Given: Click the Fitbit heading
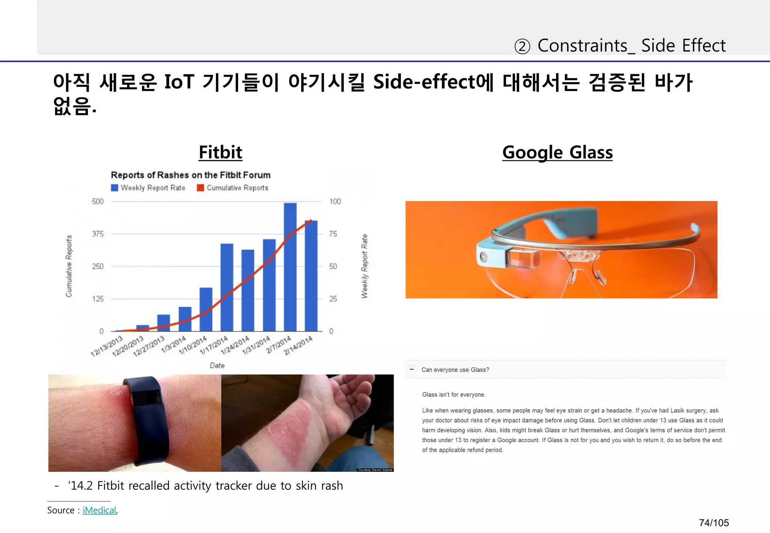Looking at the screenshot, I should (220, 152).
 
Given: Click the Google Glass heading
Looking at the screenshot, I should (557, 152).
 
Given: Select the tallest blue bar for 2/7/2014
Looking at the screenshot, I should (290, 267).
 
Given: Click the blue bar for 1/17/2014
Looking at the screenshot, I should (227, 288).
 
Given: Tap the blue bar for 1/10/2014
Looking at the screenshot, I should (206, 309).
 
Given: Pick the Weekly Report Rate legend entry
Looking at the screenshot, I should (149, 188).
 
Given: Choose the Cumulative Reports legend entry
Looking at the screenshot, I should (233, 188).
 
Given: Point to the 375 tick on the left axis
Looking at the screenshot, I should (97, 234).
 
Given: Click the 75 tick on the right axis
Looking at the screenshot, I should (333, 234).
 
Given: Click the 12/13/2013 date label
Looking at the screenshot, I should (107, 346).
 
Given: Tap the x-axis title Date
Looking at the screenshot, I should (217, 365).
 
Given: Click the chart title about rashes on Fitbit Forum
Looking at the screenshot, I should (191, 175).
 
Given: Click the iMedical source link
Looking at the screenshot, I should (99, 510).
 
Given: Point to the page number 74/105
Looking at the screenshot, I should (714, 523).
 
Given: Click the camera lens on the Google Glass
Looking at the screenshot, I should (483, 257).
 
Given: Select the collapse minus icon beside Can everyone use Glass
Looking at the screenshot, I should (412, 369).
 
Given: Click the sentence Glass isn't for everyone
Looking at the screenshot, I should (454, 395).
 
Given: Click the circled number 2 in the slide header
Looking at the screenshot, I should (522, 47).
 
